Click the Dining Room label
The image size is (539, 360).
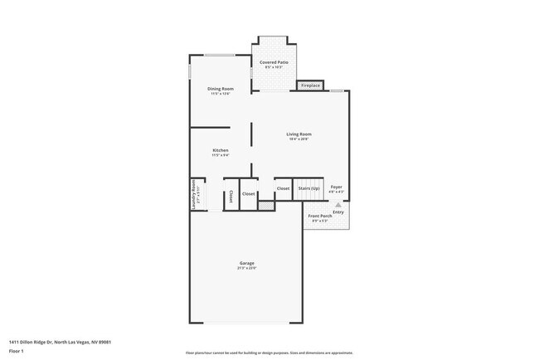pyautogui.click(x=221, y=89)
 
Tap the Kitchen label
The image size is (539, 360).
pyautogui.click(x=221, y=150)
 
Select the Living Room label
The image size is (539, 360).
pyautogui.click(x=299, y=134)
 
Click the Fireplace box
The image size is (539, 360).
pyautogui.click(x=310, y=85)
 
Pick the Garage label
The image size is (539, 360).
pyautogui.click(x=247, y=263)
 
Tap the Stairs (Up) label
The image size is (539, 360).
pyautogui.click(x=309, y=188)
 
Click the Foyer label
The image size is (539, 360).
pyautogui.click(x=337, y=187)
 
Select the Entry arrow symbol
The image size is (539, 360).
pyautogui.click(x=337, y=204)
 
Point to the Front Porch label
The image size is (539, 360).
pyautogui.click(x=320, y=217)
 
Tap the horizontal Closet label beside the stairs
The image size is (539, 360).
pyautogui.click(x=283, y=188)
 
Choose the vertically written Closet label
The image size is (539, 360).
pyautogui.click(x=231, y=197)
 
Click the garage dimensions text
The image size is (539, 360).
pyautogui.click(x=247, y=268)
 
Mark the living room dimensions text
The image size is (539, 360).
pyautogui.click(x=299, y=139)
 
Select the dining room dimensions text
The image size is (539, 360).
pyautogui.click(x=221, y=94)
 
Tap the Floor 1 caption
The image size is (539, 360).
pyautogui.click(x=17, y=350)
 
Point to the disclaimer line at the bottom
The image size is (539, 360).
pyautogui.click(x=269, y=353)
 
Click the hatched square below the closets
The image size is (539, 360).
pyautogui.click(x=265, y=204)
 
